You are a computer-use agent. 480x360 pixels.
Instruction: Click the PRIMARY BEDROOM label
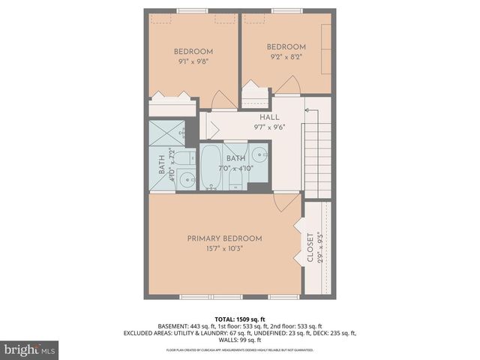[x=225, y=238]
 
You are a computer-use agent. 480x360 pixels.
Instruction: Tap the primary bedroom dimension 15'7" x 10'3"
[x=225, y=248]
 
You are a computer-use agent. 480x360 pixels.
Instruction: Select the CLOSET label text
[x=310, y=248]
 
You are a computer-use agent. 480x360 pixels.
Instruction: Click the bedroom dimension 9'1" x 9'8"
[x=193, y=62]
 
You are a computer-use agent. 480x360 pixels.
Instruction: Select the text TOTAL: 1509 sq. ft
[x=240, y=318]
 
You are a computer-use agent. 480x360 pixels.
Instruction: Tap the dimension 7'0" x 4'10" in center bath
[x=236, y=168]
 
